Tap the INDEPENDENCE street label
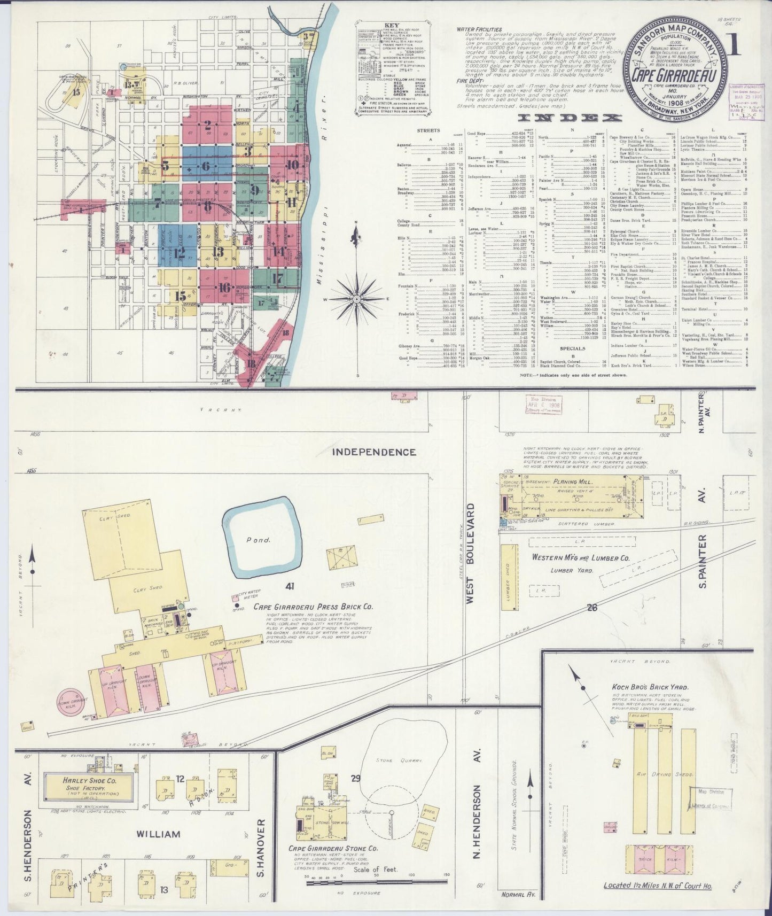[374, 452]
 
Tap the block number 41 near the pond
[290, 586]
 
